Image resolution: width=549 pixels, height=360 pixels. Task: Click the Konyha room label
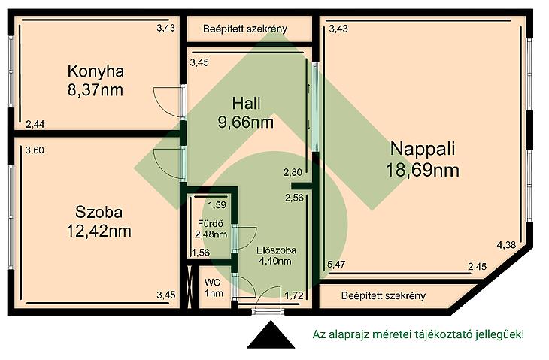click(96, 71)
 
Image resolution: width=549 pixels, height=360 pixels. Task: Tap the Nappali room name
click(423, 148)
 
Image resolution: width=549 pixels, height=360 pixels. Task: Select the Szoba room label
click(99, 213)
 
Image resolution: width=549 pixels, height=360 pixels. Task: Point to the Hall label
click(246, 104)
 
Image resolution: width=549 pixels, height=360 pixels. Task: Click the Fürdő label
click(211, 223)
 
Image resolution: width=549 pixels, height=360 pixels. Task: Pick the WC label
click(213, 282)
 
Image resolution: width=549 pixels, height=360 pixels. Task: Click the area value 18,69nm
click(423, 171)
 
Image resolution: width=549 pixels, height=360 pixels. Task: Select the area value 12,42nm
click(99, 231)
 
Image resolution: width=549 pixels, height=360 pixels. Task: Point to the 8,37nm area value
click(96, 90)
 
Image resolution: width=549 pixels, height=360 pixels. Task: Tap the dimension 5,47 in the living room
click(336, 264)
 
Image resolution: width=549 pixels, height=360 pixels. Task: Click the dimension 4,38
click(506, 245)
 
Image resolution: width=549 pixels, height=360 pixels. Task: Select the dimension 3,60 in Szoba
click(35, 150)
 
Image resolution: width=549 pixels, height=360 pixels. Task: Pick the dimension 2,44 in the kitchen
click(35, 124)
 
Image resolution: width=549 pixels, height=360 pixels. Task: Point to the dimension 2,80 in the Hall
click(293, 172)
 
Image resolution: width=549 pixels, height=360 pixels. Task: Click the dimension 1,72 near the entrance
click(294, 296)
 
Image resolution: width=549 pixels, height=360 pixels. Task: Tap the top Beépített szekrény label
click(245, 29)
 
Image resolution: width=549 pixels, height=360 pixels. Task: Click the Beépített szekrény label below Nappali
click(384, 296)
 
